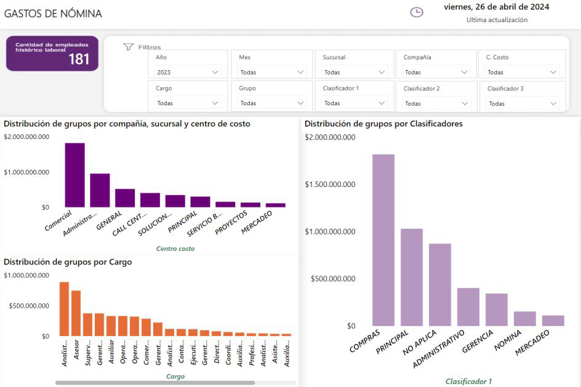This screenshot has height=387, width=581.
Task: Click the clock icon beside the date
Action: pos(417,12)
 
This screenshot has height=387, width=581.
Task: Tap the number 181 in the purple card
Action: pos(79,59)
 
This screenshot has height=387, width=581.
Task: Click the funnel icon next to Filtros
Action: pos(128,47)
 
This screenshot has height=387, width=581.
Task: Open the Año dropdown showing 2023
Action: pos(188,72)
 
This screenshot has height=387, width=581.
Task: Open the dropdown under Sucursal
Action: pos(354,72)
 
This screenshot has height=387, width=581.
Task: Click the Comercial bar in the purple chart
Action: pos(74,175)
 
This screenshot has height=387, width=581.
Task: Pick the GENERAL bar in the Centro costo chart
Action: pos(125,197)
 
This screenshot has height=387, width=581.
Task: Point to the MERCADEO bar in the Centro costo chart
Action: pos(276,205)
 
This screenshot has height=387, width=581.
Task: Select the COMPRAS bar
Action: pos(383,240)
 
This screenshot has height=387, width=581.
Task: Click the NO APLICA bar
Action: pos(440,284)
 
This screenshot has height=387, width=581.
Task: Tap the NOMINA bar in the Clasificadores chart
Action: pos(525,318)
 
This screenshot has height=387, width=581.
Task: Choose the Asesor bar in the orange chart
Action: pos(76,313)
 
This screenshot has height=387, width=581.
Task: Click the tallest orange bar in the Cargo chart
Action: pos(64,309)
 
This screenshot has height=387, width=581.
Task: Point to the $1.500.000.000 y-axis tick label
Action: pos(330,185)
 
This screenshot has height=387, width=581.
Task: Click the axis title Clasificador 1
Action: pos(468,381)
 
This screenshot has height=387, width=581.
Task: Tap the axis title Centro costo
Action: pos(175,249)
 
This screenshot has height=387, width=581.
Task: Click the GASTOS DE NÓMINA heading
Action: pos(53,14)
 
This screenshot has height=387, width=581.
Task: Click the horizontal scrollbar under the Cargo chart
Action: pos(154,383)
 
